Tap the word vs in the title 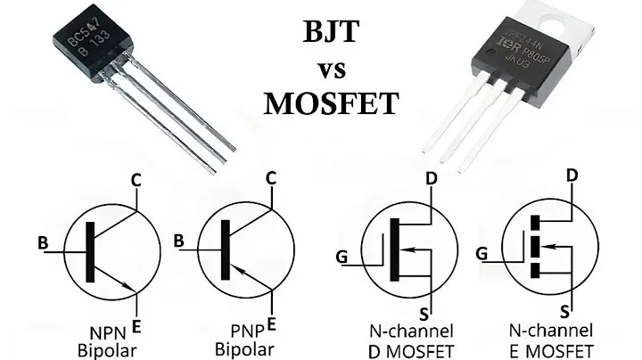(x=331, y=70)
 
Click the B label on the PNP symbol (x=179, y=241)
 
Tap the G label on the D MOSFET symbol (x=342, y=258)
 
